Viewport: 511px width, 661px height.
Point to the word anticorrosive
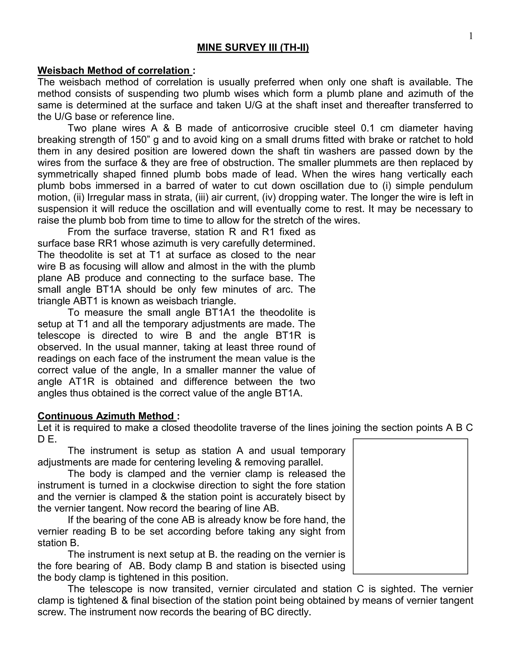click(260, 128)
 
